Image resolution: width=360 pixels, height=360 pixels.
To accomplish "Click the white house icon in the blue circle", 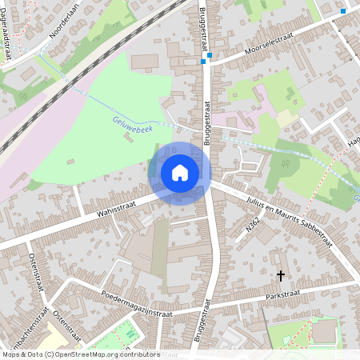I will tap(180, 173).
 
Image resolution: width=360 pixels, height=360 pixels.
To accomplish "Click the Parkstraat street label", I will tap(308, 289).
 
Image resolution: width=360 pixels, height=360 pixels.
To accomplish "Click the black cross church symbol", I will tap(280, 275).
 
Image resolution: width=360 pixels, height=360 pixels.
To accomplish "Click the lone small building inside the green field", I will tap(128, 138).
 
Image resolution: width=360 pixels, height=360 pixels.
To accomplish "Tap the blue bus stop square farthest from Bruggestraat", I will tap(343, 11).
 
